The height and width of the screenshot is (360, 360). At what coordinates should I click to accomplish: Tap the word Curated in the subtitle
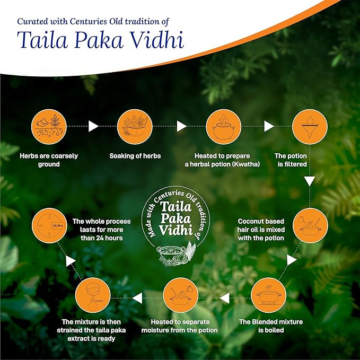[32, 21]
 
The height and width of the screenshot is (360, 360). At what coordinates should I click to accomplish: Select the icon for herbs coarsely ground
[49, 127]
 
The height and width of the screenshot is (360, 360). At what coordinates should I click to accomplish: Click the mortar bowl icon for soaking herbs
[135, 127]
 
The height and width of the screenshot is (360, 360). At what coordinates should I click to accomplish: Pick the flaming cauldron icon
[224, 127]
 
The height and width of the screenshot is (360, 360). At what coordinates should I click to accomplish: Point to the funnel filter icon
[310, 127]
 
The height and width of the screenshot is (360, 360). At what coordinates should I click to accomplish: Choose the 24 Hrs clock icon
[50, 225]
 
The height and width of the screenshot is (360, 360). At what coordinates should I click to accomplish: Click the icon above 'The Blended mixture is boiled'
[269, 295]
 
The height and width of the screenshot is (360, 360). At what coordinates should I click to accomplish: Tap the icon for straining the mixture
[93, 295]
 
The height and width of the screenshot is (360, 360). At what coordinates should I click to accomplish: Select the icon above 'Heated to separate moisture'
[181, 295]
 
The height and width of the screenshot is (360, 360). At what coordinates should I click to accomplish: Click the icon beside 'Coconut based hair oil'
[310, 225]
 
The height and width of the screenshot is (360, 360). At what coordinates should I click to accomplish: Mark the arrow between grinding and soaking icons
[93, 126]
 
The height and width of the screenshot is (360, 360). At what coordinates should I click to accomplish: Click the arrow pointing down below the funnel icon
[310, 181]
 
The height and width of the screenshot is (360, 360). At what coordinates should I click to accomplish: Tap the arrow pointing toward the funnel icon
[269, 126]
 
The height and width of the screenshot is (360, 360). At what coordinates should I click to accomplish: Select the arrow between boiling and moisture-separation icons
[225, 298]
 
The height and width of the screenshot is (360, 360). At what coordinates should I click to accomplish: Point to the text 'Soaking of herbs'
[135, 156]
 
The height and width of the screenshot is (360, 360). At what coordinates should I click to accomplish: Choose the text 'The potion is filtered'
[292, 160]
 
